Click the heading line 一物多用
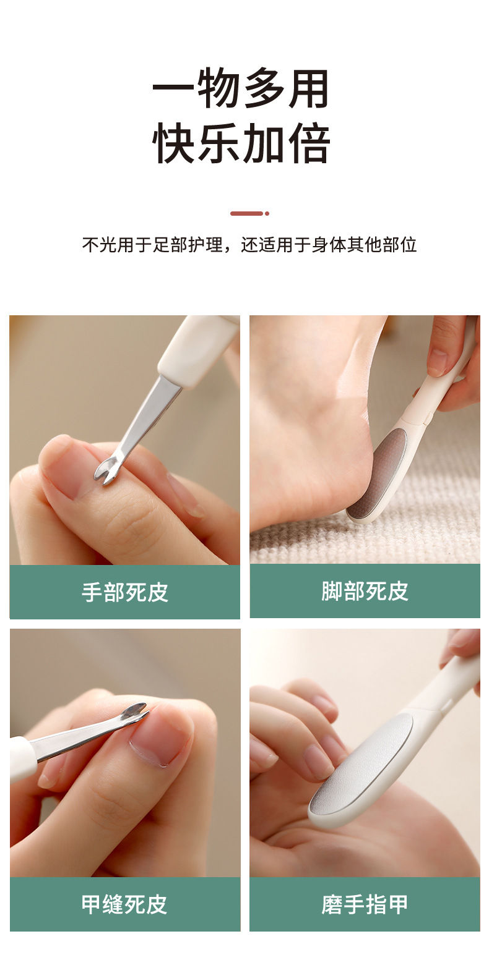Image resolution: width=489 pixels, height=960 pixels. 241,90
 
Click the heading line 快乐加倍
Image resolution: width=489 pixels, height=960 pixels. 241,143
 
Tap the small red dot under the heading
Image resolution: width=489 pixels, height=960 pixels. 267,213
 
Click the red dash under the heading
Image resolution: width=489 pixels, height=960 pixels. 246,213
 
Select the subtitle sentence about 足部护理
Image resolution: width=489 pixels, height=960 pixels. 249,245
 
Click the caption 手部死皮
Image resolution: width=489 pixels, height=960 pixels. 124,592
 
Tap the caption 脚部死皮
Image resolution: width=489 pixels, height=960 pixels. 365,592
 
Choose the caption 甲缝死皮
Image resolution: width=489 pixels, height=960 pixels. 124,904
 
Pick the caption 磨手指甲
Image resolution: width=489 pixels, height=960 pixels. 365,904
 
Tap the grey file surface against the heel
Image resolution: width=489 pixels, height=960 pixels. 378,473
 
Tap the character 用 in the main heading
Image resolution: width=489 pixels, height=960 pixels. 308,90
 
